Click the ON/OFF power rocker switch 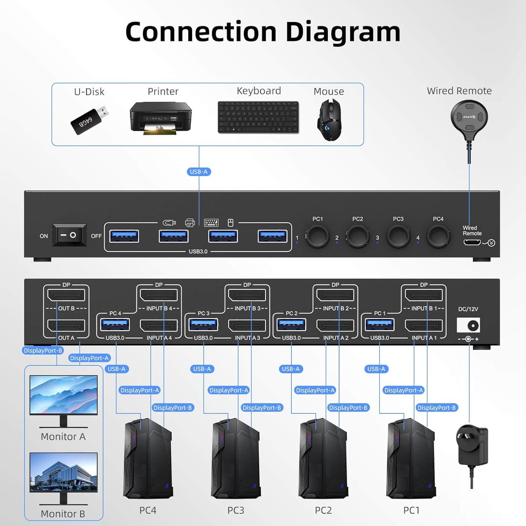tap(69, 235)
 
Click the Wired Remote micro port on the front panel tap(472, 242)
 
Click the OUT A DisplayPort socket tap(66, 325)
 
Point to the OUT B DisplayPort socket tap(66, 295)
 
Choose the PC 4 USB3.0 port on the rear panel tap(115, 325)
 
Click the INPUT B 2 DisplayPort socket tap(335, 295)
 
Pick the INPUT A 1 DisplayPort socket tap(424, 325)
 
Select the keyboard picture tap(258, 117)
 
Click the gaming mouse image tap(329, 120)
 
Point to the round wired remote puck tap(469, 116)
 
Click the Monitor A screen tap(63, 394)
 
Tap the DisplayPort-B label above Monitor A tap(43, 350)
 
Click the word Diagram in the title tap(343, 32)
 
